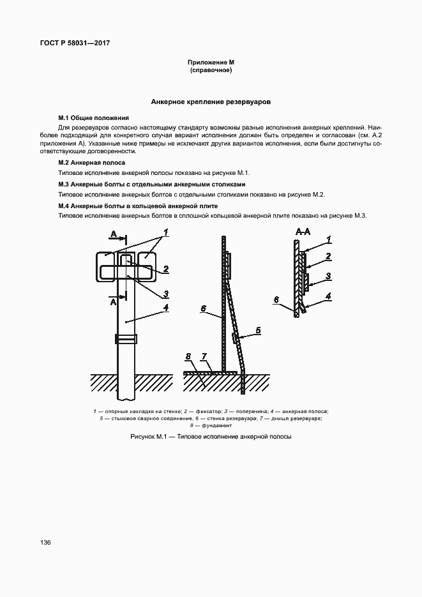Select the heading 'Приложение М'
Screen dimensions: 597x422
(211, 63)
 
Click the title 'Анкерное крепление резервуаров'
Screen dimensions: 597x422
(211, 102)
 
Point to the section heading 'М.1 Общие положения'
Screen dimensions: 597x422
(94, 118)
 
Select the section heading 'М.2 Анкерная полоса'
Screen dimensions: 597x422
(92, 163)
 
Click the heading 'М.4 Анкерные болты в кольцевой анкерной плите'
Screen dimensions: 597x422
(138, 206)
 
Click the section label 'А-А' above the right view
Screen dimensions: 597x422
(302, 231)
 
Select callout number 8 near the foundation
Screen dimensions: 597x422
(189, 356)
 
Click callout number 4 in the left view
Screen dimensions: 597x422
(165, 307)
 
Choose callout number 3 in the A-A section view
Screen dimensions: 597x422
(328, 276)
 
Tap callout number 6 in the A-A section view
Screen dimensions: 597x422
(276, 299)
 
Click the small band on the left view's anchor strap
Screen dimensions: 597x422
(125, 338)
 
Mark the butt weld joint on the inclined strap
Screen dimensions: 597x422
(236, 337)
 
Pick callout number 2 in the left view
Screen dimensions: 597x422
(165, 269)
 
